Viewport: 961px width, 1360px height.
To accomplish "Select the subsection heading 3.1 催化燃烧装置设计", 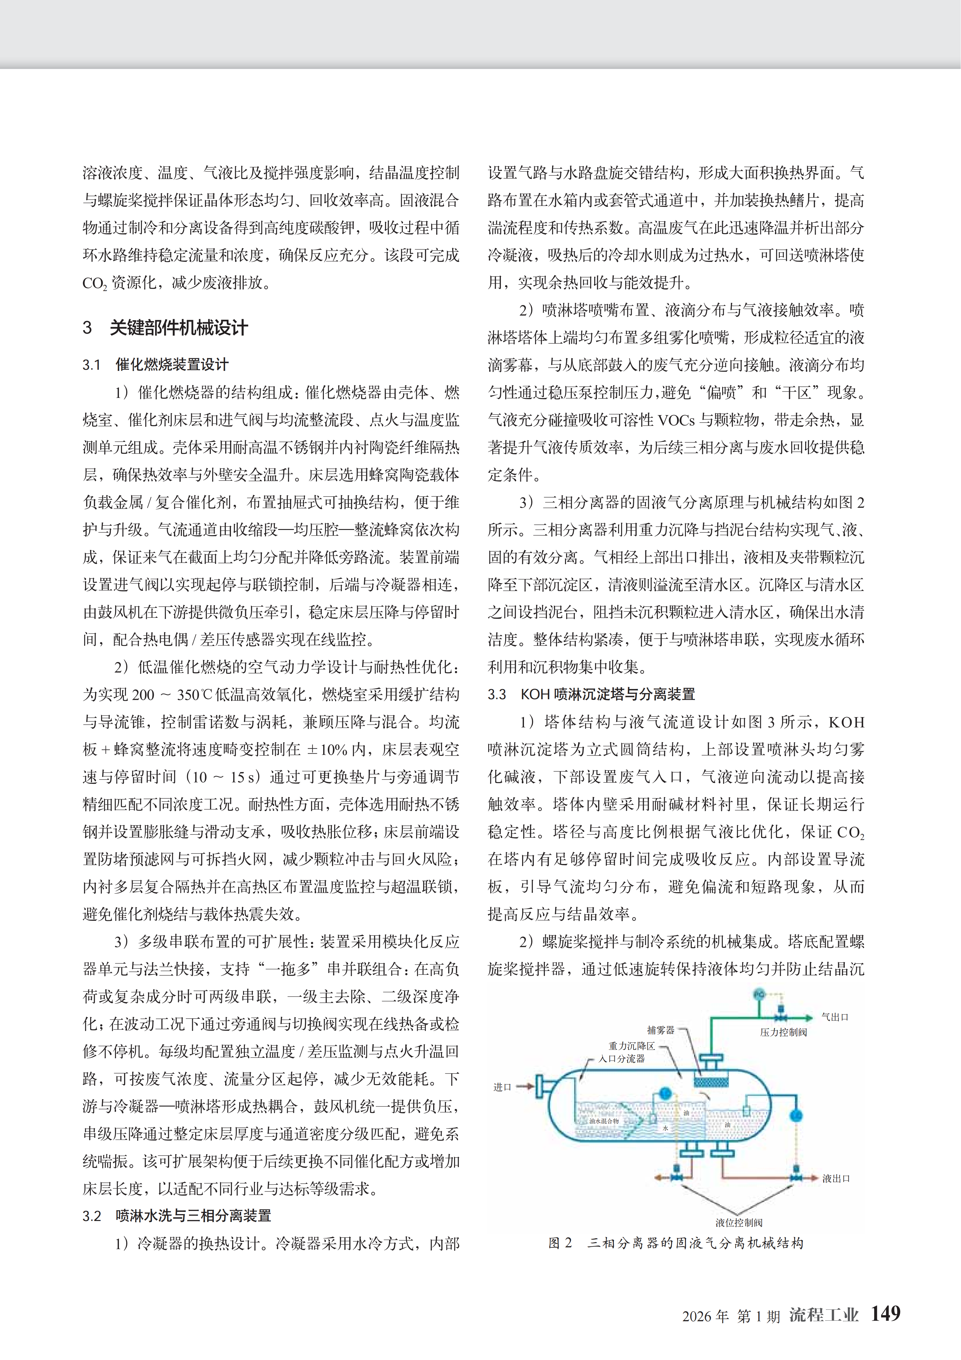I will (x=156, y=364).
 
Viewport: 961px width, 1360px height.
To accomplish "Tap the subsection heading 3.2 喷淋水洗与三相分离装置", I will (x=176, y=1216).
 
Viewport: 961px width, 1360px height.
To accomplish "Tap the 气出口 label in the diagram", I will (x=835, y=1017).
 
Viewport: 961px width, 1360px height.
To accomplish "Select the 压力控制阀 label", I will (x=783, y=1032).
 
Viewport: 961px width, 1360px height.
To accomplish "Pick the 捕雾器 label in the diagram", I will (x=660, y=1030).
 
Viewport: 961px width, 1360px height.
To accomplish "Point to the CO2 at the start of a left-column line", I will (x=95, y=283).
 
